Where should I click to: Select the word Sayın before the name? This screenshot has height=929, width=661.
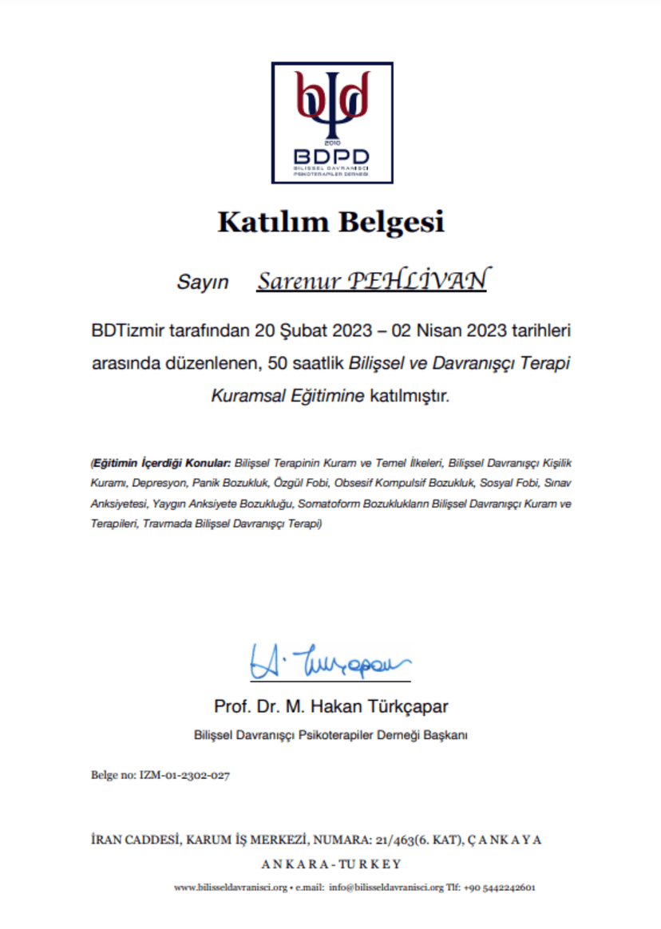pos(202,283)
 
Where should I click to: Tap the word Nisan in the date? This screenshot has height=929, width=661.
pos(425,330)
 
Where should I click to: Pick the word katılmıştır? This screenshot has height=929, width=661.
pos(410,395)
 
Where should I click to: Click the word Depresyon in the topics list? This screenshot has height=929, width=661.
pos(159,483)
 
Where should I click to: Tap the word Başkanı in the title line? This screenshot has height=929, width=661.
pos(448,735)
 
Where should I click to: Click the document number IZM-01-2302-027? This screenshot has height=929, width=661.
pos(184,775)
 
